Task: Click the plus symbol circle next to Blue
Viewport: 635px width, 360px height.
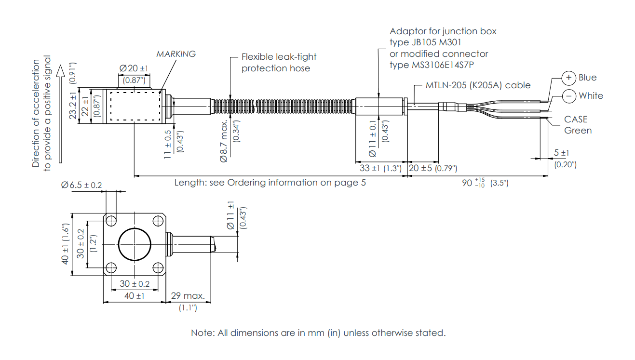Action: click(569, 78)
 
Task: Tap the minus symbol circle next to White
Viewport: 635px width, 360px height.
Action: click(569, 96)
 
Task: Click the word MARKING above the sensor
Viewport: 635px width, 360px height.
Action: click(176, 54)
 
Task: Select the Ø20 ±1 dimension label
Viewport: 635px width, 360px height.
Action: click(134, 68)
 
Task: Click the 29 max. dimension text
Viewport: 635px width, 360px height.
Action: click(188, 295)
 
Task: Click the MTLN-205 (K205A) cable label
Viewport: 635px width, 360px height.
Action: click(478, 85)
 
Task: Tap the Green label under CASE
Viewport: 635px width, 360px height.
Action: click(578, 131)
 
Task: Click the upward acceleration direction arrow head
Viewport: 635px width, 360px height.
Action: click(60, 70)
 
